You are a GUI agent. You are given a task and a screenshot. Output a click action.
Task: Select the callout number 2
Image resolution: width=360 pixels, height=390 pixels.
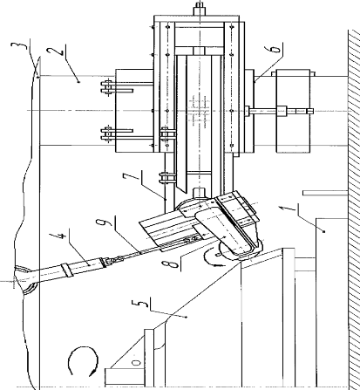(x=57, y=51)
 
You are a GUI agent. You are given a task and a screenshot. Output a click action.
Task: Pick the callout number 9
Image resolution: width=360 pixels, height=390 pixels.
(x=104, y=222)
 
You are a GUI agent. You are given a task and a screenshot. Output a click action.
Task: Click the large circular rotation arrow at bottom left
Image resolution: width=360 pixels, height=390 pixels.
(x=83, y=360)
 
